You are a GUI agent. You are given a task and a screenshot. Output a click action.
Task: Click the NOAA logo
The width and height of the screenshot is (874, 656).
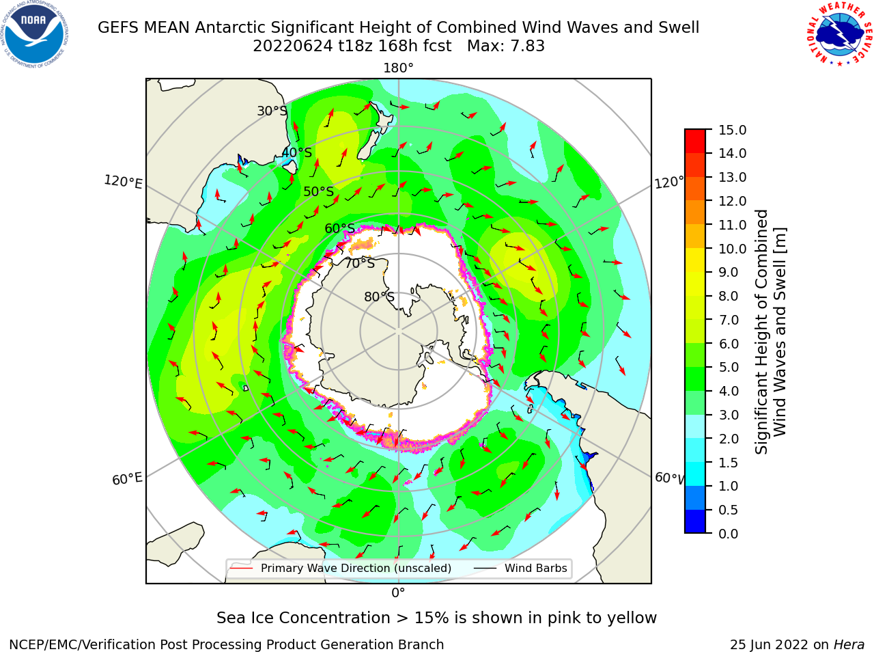[x=35, y=35]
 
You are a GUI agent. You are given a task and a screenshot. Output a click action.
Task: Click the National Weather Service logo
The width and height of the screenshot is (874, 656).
[x=839, y=33]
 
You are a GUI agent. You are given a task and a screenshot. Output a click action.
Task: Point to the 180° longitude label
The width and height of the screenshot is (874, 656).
[x=398, y=68]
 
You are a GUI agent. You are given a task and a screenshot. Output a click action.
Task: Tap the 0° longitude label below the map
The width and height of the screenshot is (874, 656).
[x=398, y=593]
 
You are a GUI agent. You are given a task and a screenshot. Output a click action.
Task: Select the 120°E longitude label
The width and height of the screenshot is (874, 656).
[x=123, y=182]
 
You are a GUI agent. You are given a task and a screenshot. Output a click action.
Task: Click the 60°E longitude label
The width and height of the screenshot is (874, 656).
[x=127, y=479]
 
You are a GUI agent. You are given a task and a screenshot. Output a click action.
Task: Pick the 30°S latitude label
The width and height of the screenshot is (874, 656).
[x=272, y=111]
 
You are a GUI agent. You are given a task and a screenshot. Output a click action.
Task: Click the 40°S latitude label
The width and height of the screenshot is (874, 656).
[x=297, y=152]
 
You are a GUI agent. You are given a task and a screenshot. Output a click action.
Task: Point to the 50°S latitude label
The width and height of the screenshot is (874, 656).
[x=319, y=191]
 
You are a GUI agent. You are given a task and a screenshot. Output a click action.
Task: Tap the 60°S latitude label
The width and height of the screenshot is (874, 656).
[x=339, y=228]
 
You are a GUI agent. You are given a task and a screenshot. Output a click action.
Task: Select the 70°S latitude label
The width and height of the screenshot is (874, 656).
[x=360, y=263]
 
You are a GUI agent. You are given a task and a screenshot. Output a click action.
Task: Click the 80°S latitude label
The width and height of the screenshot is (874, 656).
[x=379, y=297]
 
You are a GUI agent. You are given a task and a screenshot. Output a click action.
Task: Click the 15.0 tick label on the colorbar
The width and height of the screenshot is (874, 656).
[x=732, y=130]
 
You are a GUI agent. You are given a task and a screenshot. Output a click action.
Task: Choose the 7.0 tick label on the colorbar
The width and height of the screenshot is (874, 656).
[x=729, y=320]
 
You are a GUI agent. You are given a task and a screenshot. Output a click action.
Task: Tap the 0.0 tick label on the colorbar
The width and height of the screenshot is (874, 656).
[x=729, y=534]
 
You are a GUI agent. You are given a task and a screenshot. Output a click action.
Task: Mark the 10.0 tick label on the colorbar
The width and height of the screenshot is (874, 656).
[x=732, y=249]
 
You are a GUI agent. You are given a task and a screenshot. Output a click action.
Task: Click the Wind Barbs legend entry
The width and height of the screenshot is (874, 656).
[x=520, y=568]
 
